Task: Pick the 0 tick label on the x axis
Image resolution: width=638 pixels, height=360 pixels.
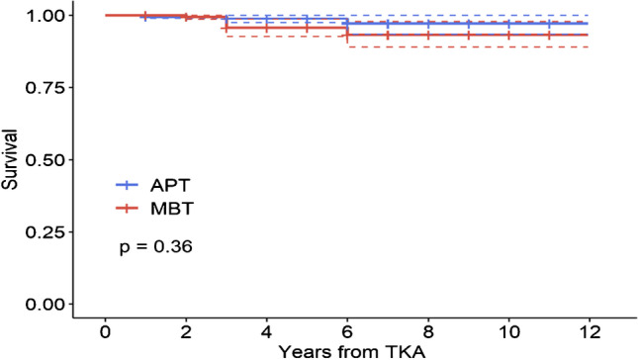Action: point(105,329)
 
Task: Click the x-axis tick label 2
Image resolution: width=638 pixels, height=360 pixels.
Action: point(185,329)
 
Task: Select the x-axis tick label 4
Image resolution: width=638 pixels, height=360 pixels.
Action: point(266,329)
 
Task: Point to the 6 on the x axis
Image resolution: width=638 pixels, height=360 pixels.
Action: point(347,329)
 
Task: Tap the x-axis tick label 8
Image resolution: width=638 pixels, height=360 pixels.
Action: point(428,329)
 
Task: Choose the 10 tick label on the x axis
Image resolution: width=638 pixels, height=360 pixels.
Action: point(508,329)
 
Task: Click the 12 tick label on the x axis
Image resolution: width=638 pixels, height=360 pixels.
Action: point(590,329)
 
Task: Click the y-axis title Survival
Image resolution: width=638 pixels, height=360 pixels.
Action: point(11,160)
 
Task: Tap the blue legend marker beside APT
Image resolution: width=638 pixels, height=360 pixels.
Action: point(128,184)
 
